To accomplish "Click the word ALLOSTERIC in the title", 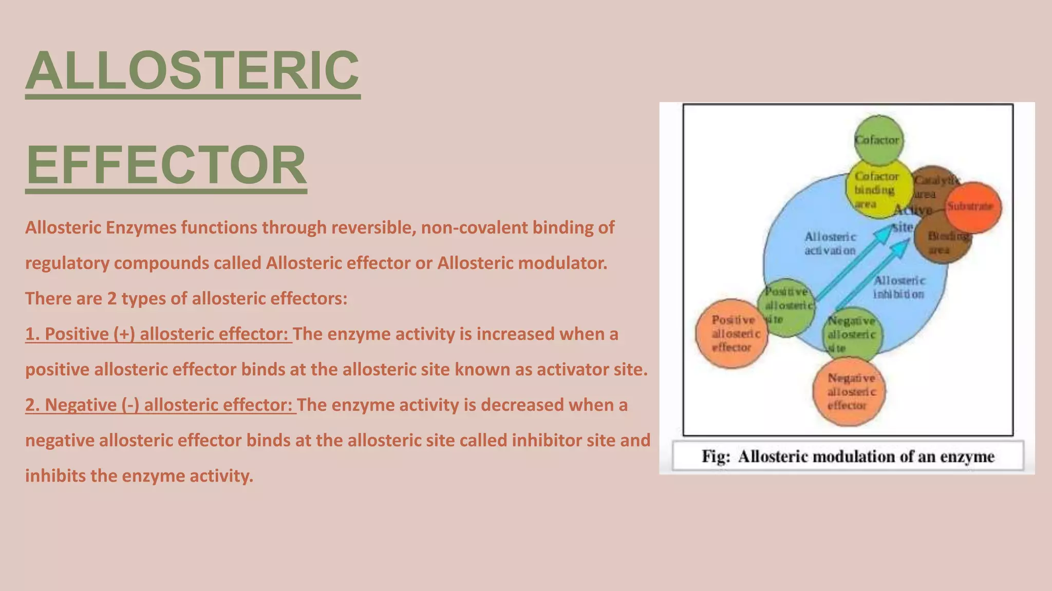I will coord(193,70).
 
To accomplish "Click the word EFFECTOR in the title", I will coord(166,165).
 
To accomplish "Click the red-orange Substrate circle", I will coord(973,207).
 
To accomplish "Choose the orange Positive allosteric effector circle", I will coord(731,333).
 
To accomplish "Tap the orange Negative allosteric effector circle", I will coord(850,392).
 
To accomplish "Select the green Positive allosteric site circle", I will coord(786,306).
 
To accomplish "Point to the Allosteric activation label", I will coord(830,244).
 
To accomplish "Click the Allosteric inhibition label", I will coord(899,287).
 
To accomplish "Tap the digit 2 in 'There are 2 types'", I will coord(111,299).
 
